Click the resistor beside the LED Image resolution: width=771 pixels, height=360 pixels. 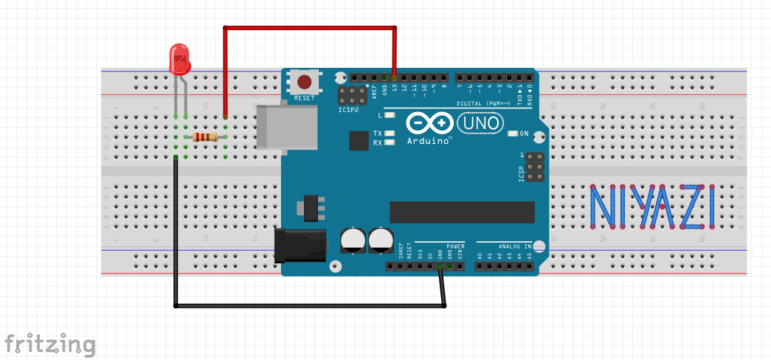click(205, 136)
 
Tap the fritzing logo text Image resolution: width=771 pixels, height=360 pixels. click(49, 345)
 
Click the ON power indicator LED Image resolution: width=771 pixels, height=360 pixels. click(514, 134)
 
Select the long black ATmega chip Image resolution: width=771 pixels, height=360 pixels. click(461, 211)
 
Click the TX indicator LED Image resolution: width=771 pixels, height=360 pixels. click(389, 134)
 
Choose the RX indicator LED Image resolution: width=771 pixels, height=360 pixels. click(389, 142)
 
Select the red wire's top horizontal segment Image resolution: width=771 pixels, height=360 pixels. click(309, 29)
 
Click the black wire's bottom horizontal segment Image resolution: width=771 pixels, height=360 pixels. click(310, 305)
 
